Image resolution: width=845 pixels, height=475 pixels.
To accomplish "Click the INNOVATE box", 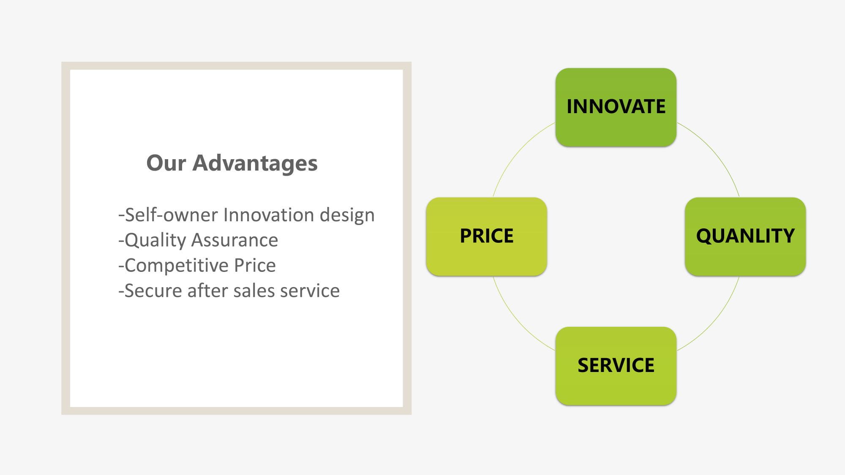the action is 616,107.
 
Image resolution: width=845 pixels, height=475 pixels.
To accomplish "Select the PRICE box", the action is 486,236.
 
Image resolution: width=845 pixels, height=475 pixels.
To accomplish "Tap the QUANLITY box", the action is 745,236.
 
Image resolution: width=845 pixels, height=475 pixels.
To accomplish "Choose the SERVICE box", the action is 616,366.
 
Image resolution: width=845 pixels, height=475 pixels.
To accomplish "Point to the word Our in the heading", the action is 166,163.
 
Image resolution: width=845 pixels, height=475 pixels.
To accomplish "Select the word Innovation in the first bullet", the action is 269,214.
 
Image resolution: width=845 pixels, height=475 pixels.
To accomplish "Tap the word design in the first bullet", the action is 347,215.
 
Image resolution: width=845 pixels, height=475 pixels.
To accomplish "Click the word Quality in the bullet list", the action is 155,240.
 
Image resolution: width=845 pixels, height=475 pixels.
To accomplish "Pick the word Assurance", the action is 234,240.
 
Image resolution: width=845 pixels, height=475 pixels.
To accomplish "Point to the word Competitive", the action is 177,266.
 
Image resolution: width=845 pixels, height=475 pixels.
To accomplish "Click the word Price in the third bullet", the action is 255,265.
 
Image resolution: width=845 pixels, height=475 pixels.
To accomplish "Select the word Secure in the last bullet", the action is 153,290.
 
